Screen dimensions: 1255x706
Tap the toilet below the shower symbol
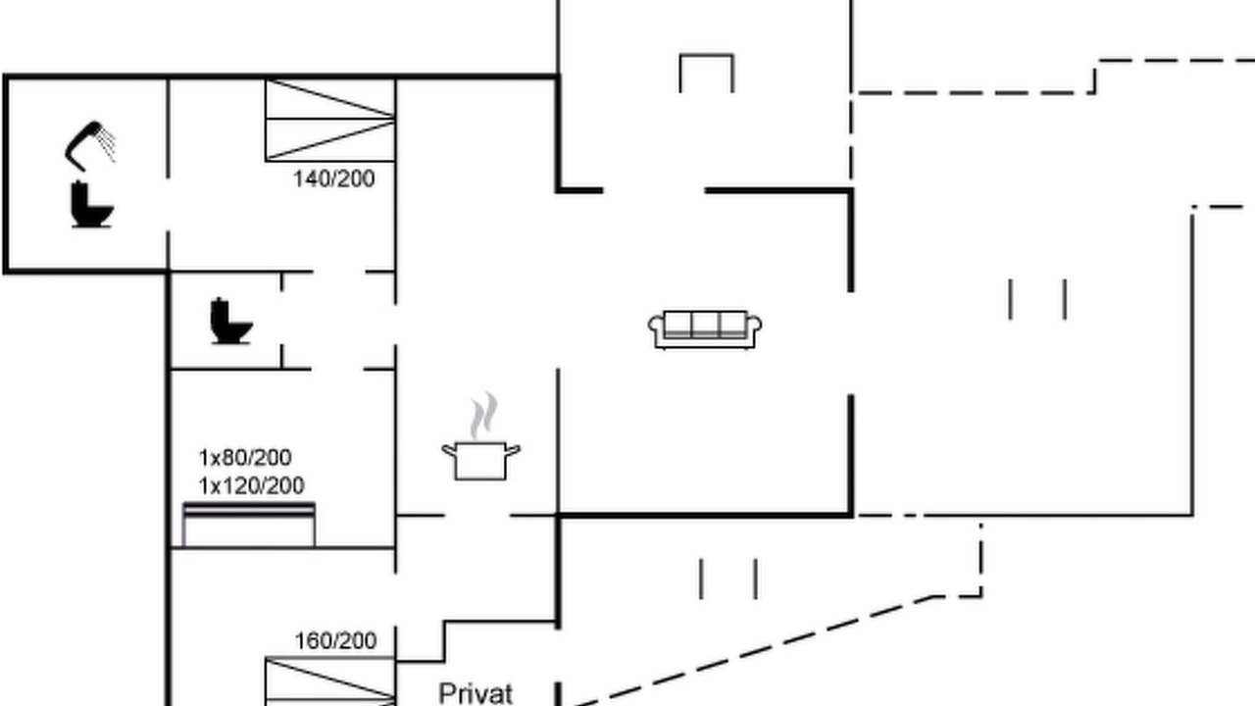pyautogui.click(x=91, y=205)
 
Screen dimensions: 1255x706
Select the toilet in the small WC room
pyautogui.click(x=230, y=321)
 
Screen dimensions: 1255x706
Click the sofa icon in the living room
pyautogui.click(x=705, y=329)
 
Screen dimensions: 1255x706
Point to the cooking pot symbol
pyautogui.click(x=480, y=461)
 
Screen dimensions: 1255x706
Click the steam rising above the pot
pyautogui.click(x=484, y=415)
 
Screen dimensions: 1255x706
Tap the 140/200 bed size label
pyautogui.click(x=334, y=179)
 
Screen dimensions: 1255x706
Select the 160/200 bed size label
pyautogui.click(x=335, y=641)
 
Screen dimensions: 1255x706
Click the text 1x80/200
pyautogui.click(x=245, y=458)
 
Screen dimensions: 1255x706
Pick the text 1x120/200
pyautogui.click(x=252, y=485)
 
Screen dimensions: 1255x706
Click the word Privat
pyautogui.click(x=476, y=693)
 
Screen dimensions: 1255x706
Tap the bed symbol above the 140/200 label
pyautogui.click(x=330, y=121)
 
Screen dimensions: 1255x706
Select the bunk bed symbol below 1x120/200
pyautogui.click(x=249, y=525)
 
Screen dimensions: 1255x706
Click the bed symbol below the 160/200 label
pyautogui.click(x=330, y=681)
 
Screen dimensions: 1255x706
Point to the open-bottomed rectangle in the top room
pyautogui.click(x=707, y=55)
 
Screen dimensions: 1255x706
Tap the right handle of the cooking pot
pyautogui.click(x=513, y=450)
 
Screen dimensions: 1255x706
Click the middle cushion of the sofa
pyautogui.click(x=705, y=324)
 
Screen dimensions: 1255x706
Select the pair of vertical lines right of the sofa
pyautogui.click(x=1037, y=300)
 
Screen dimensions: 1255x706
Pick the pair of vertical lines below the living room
pyautogui.click(x=728, y=579)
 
